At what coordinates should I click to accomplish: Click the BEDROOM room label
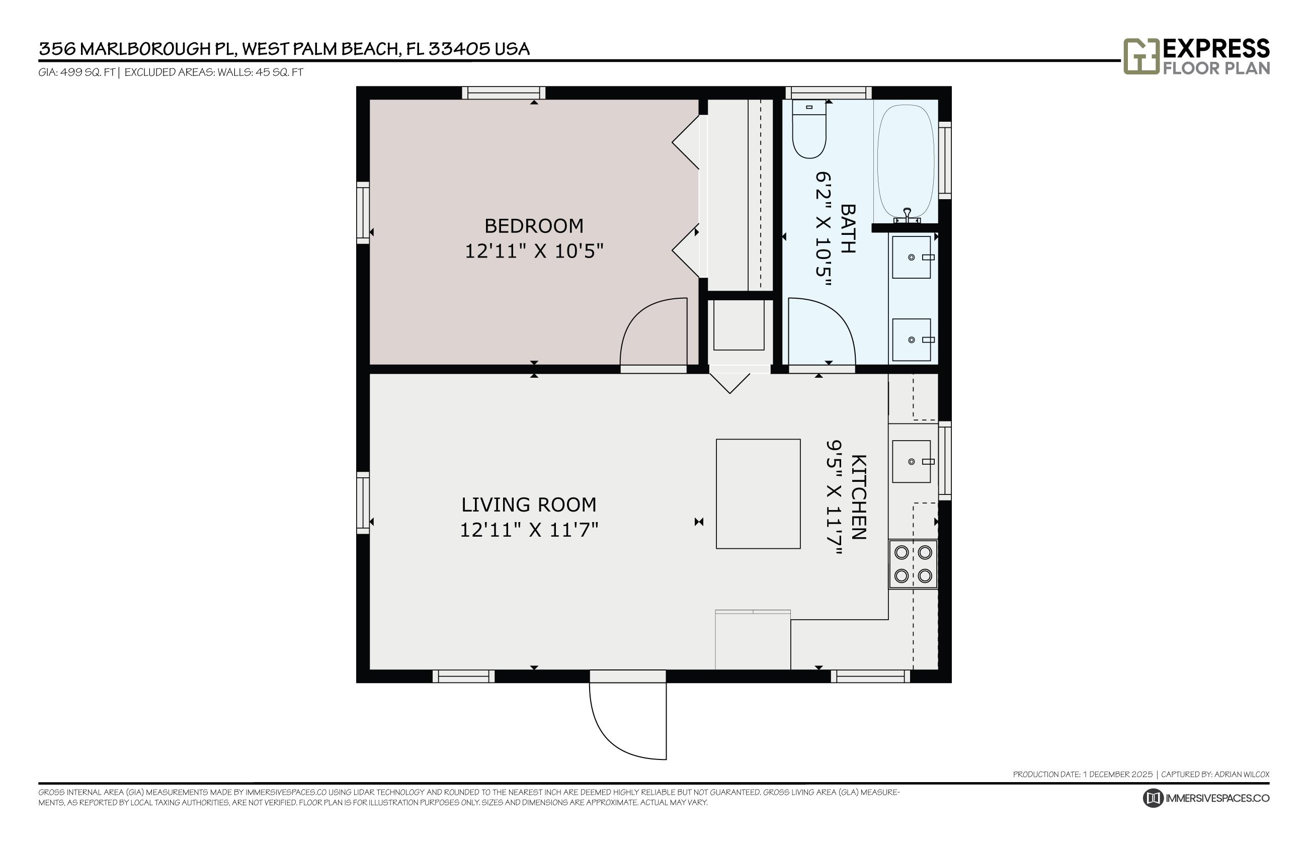click(533, 226)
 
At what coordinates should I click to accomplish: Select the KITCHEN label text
click(859, 497)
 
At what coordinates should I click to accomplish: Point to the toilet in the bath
click(808, 130)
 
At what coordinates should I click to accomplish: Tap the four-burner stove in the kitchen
click(913, 564)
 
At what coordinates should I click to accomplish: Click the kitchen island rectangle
click(758, 493)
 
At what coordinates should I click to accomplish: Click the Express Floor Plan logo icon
click(1140, 56)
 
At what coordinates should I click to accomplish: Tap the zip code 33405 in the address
click(459, 49)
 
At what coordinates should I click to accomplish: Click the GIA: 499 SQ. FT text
click(76, 72)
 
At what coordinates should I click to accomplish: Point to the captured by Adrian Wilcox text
click(1214, 774)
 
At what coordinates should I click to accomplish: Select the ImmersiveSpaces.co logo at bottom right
click(1206, 798)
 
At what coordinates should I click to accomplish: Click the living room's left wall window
click(363, 502)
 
